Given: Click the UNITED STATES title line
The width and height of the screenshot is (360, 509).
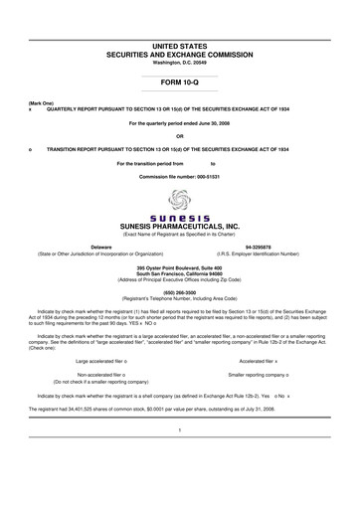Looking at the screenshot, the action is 179,36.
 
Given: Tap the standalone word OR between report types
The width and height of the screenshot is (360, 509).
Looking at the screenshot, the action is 179,136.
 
